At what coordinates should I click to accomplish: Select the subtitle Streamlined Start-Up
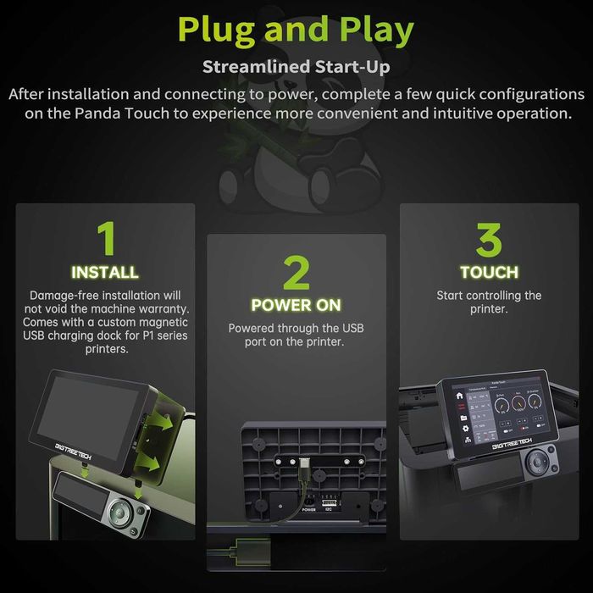coord(296,67)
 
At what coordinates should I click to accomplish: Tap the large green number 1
coord(104,240)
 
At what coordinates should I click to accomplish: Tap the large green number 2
coord(296,273)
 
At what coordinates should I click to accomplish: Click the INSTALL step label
coord(104,273)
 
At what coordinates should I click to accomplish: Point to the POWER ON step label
coord(296,304)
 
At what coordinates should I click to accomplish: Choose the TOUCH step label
coord(489,272)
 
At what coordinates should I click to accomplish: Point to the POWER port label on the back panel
coord(308,509)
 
